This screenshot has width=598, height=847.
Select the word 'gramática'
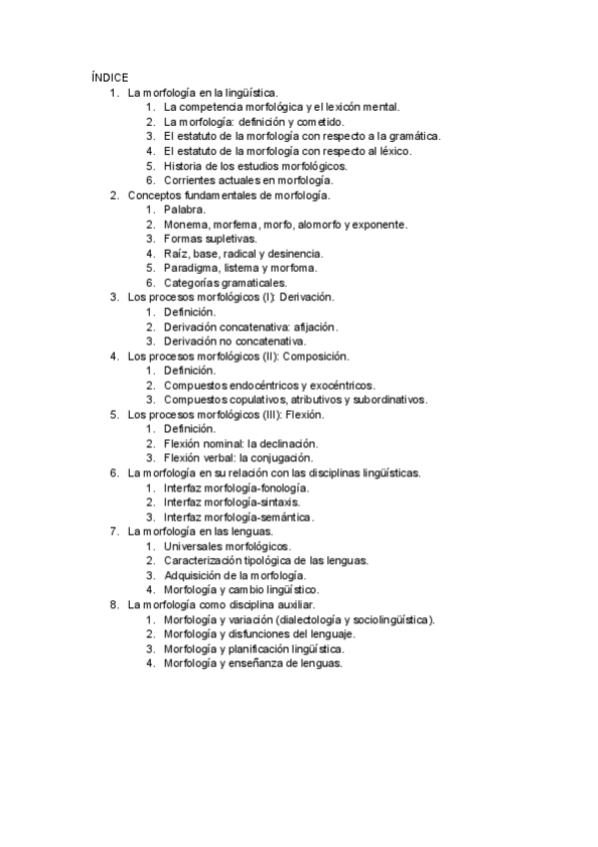[410, 136]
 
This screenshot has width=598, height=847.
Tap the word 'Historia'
[187, 166]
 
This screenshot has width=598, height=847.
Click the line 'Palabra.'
[185, 210]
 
